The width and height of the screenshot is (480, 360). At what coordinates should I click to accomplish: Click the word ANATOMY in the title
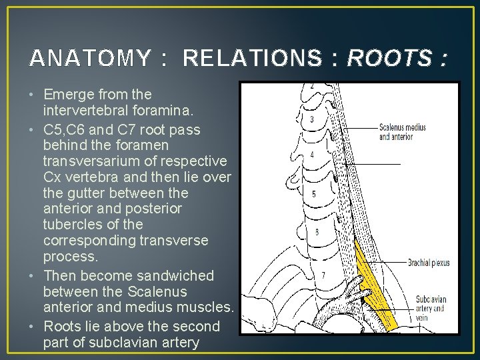point(90,59)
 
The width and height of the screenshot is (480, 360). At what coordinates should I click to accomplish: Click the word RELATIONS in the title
point(251,59)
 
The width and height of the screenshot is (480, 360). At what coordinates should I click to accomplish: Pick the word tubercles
point(69,225)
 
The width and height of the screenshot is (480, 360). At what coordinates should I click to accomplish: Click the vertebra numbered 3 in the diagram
point(311,119)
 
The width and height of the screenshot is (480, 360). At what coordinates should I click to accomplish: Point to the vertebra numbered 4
point(311,155)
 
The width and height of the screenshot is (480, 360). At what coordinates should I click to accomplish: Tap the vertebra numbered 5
point(313,195)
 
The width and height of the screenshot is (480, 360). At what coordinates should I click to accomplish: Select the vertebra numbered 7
point(323,275)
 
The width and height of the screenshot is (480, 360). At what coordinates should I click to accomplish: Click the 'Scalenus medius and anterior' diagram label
point(405,132)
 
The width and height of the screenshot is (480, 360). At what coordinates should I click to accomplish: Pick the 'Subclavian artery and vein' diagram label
point(430,308)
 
